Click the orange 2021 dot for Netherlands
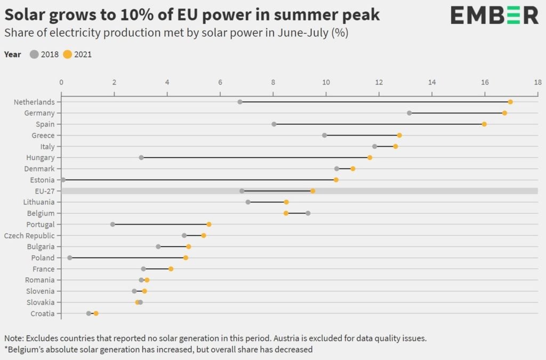point(510,102)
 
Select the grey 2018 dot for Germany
point(409,113)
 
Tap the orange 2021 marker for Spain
point(484,124)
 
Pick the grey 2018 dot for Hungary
point(141,158)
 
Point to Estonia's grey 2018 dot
point(63,180)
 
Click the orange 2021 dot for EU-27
point(312,191)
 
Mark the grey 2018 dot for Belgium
point(308,213)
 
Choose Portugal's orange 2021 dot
point(209,225)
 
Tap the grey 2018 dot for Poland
point(70,258)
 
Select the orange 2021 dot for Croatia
point(96,314)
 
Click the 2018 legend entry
point(45,54)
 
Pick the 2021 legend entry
point(78,54)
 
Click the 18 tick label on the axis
point(537,82)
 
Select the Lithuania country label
point(39,202)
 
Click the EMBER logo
point(494,15)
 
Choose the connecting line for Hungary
point(255,158)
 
